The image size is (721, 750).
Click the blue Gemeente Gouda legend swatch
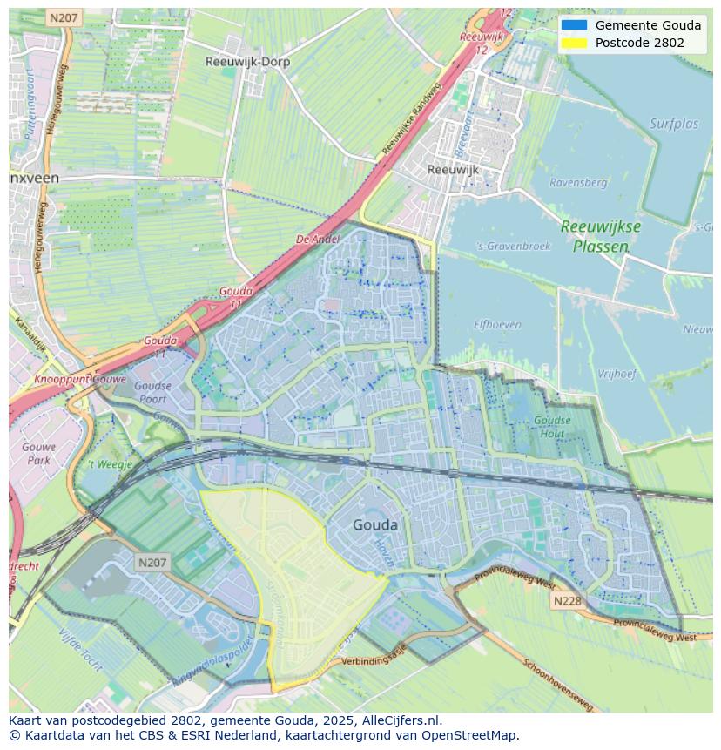pyautogui.click(x=574, y=25)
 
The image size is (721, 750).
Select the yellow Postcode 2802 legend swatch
pyautogui.click(x=574, y=43)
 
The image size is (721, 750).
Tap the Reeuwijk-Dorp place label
pyautogui.click(x=247, y=62)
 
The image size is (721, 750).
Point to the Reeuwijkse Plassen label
pyautogui.click(x=601, y=236)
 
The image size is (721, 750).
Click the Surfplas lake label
pyautogui.click(x=674, y=124)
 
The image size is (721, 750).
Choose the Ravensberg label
pyautogui.click(x=578, y=183)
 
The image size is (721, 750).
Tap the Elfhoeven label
pyautogui.click(x=497, y=325)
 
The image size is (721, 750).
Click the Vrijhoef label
pyautogui.click(x=617, y=374)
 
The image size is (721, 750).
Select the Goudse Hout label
pyautogui.click(x=552, y=427)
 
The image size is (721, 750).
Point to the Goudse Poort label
pyautogui.click(x=153, y=392)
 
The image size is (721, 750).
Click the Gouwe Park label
pyautogui.click(x=39, y=453)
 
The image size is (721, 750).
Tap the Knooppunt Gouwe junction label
pyautogui.click(x=80, y=380)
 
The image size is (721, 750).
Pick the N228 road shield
pyautogui.click(x=565, y=601)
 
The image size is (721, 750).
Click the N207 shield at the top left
pyautogui.click(x=63, y=17)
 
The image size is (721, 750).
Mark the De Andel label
pyautogui.click(x=317, y=240)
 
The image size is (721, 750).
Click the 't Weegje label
pyautogui.click(x=111, y=464)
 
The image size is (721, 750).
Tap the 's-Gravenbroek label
pyautogui.click(x=515, y=246)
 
